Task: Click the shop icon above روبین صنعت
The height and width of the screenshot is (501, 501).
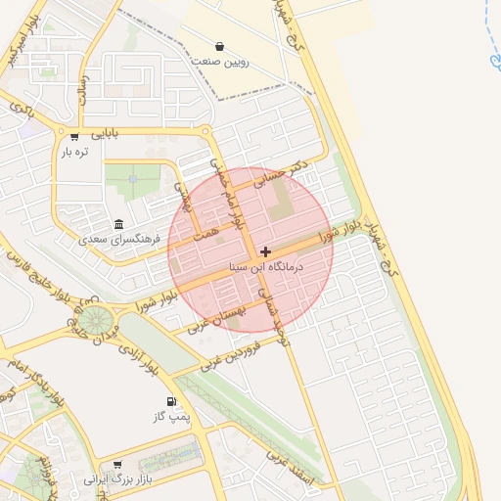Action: (219, 46)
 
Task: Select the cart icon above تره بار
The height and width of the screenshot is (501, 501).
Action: (74, 136)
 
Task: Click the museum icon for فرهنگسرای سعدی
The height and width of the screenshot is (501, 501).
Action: (119, 223)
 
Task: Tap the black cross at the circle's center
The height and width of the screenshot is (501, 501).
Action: (265, 251)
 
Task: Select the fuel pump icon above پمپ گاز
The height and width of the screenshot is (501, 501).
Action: (172, 402)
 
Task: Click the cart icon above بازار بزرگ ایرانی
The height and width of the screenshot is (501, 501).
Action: (118, 465)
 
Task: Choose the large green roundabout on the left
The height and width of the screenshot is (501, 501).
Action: (95, 320)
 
